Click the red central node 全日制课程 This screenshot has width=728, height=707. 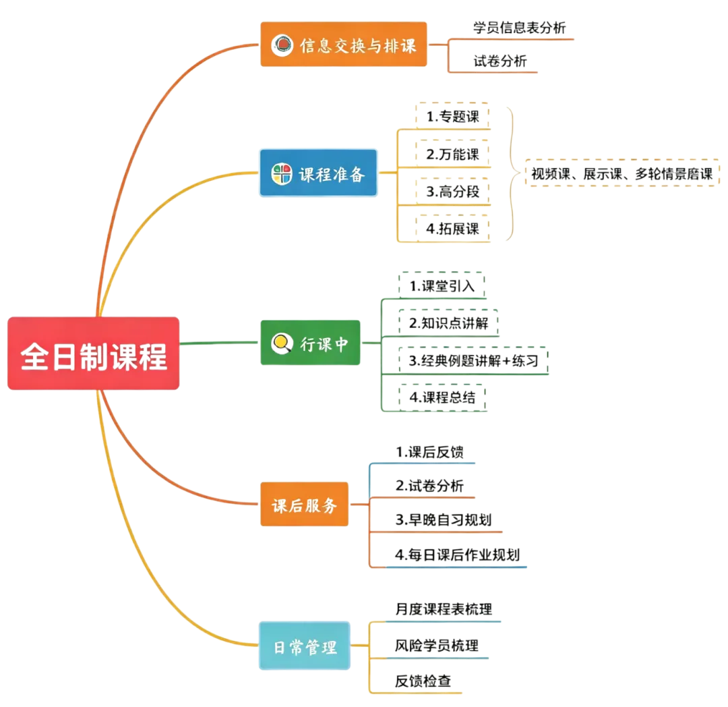click(x=93, y=353)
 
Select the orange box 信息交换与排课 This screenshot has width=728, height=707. click(x=344, y=45)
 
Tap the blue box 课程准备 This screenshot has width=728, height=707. click(x=318, y=173)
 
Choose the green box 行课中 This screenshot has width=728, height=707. click(x=310, y=343)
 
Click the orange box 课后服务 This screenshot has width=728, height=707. click(x=304, y=505)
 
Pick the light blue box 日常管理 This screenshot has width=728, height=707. click(x=305, y=646)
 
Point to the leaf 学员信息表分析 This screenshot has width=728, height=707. click(x=520, y=28)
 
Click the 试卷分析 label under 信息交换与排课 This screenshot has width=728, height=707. click(x=500, y=61)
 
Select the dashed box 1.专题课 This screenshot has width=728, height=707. click(x=453, y=116)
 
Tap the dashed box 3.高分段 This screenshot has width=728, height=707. click(x=453, y=192)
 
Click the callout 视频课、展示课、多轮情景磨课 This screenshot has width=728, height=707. click(x=622, y=173)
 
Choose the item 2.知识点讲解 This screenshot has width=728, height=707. click(x=448, y=323)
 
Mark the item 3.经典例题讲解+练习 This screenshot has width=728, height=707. click(x=474, y=360)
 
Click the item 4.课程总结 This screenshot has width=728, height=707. click(x=442, y=397)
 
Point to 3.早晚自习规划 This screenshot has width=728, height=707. click(x=444, y=520)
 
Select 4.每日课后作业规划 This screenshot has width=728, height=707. click(x=457, y=555)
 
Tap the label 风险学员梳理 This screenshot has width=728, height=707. click(x=436, y=645)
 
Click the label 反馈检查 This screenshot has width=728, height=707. click(x=423, y=681)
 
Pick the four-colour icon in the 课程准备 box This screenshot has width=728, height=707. click(x=282, y=174)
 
